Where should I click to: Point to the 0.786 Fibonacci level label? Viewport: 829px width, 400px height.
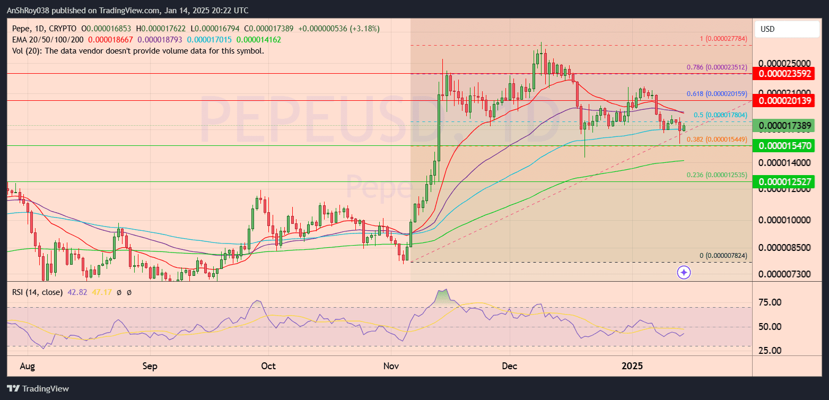coord(717,67)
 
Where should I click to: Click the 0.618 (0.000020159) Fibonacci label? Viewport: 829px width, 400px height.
coord(717,93)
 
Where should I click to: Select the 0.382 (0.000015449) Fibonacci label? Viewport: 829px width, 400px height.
coord(717,139)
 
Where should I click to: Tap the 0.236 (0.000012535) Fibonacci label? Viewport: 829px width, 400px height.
coord(717,175)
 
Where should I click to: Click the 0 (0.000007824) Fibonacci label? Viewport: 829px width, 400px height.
coord(723,255)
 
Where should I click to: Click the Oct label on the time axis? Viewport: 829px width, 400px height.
coord(269,366)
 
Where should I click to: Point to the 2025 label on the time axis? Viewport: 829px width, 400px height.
coord(632,366)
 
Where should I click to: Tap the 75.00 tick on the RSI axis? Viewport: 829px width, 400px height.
coord(770,302)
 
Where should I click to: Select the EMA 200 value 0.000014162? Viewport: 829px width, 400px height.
coord(259,39)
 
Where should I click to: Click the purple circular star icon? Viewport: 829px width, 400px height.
coord(684,273)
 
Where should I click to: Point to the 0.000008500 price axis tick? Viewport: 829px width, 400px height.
coord(784,247)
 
